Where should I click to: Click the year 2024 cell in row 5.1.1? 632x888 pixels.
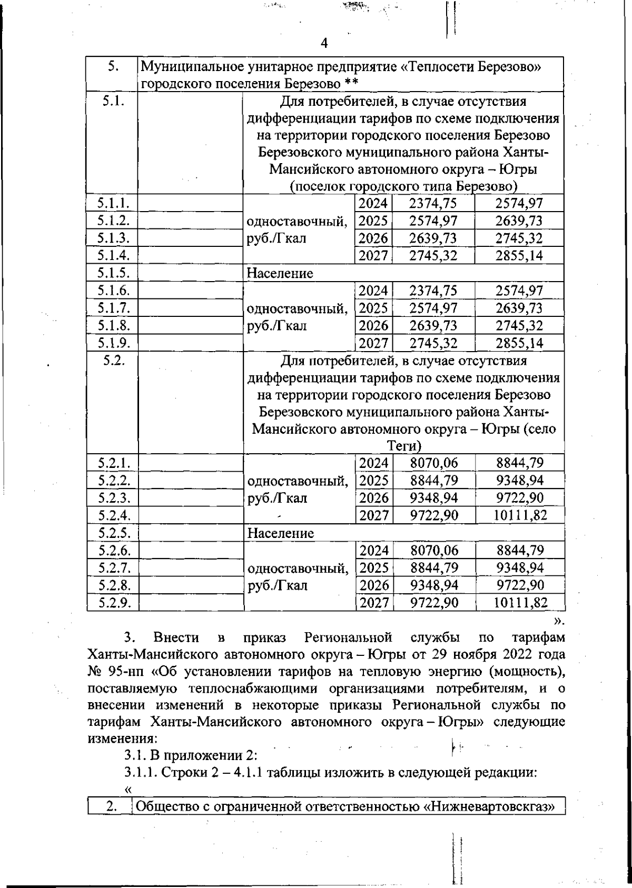[x=373, y=204]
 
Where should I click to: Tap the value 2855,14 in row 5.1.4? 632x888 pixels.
[x=519, y=256]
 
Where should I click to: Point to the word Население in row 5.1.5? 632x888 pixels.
[x=280, y=273]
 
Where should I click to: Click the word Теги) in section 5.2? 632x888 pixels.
[x=404, y=446]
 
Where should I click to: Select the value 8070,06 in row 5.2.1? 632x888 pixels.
[x=433, y=463]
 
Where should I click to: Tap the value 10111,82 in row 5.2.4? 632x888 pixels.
[x=520, y=515]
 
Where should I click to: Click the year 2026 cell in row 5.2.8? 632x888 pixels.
[x=373, y=585]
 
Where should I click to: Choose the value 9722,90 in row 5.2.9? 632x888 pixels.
[x=433, y=602]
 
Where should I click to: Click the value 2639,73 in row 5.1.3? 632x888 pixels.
[x=433, y=238]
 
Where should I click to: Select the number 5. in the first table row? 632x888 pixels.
[x=111, y=67]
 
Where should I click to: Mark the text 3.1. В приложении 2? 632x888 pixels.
[x=190, y=755]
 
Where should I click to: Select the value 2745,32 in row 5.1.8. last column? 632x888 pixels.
[x=519, y=325]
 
